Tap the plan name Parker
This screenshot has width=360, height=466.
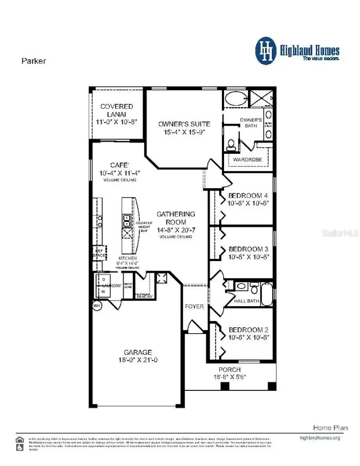[x=33, y=61]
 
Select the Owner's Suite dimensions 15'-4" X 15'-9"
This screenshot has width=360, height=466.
[x=184, y=132]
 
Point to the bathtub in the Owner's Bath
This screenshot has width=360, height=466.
[x=235, y=98]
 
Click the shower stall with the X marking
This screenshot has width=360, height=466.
[x=261, y=98]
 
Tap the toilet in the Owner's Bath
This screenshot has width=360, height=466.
[x=231, y=144]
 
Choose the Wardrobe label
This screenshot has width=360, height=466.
[x=248, y=159]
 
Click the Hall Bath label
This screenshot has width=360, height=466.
[x=246, y=301]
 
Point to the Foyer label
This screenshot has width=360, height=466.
[x=194, y=306]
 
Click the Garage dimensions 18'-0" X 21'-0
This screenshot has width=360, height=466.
[x=138, y=360]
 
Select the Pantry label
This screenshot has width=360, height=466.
[x=144, y=297]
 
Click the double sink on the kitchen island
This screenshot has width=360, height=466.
[x=126, y=221]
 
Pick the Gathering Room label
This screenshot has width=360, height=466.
[x=176, y=218]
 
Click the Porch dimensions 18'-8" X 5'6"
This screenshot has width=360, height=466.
[x=230, y=377]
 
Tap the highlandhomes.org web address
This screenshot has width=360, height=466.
[x=320, y=438]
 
